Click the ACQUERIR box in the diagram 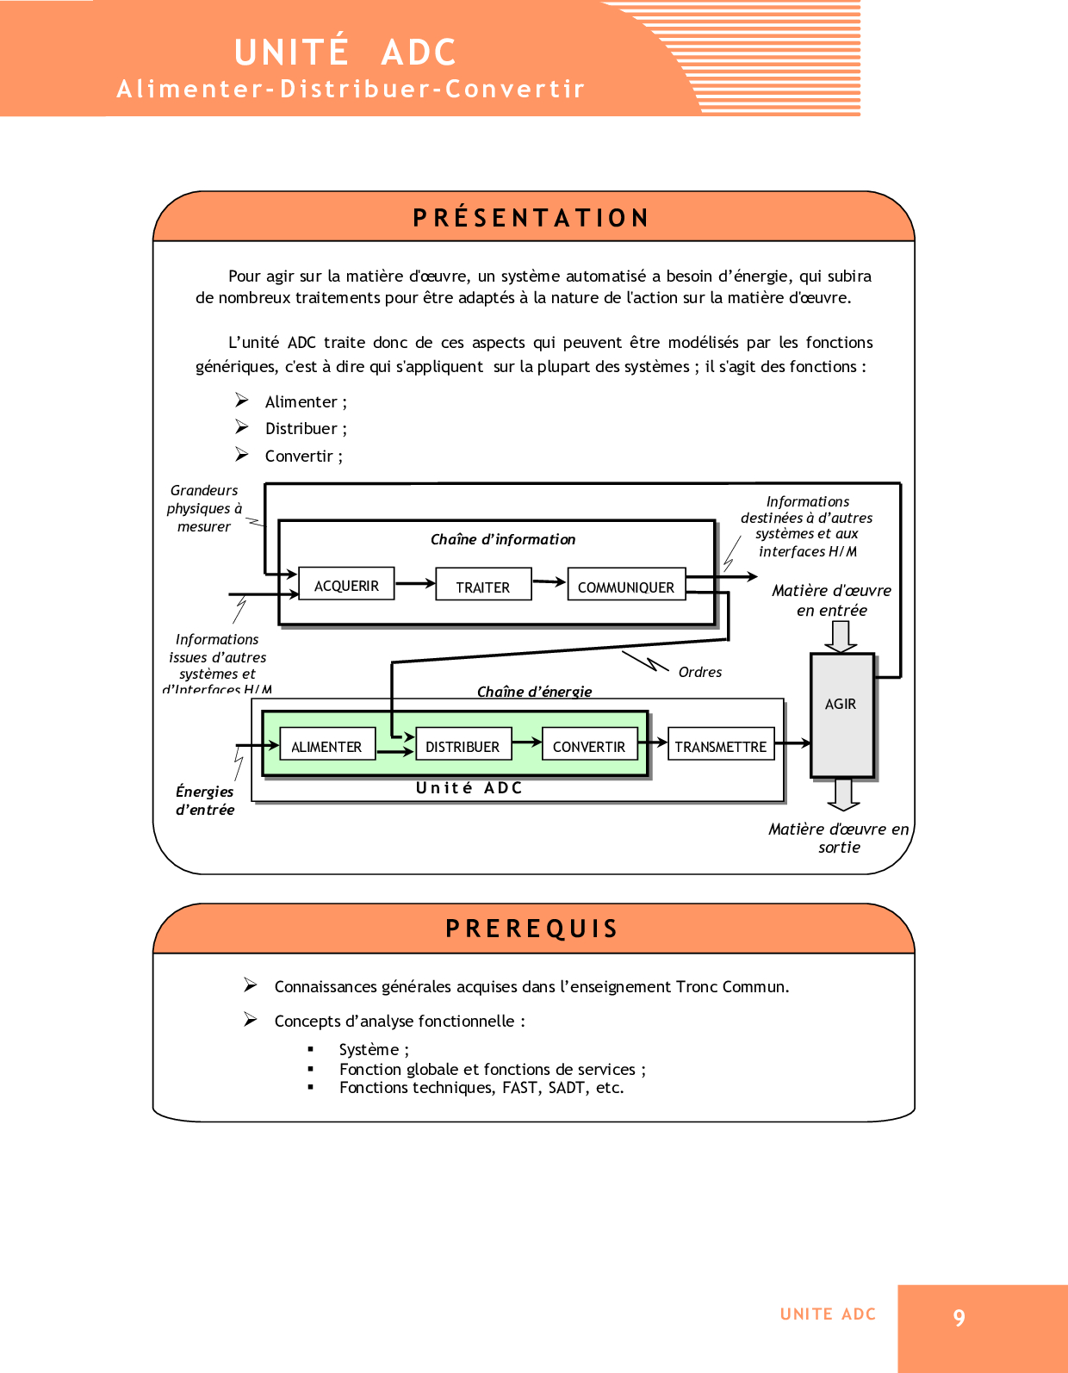[346, 585]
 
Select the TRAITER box [483, 586]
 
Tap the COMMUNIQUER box [626, 586]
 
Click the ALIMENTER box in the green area [327, 746]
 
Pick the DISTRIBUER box [463, 746]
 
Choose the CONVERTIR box [589, 746]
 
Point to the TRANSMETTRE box [721, 746]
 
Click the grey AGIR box [841, 715]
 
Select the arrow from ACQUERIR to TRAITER [415, 583]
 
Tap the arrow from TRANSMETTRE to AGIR [792, 742]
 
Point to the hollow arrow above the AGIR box [841, 636]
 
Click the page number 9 [959, 1318]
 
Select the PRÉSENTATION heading [531, 218]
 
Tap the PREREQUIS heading [532, 929]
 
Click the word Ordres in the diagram [699, 672]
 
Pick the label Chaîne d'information [503, 539]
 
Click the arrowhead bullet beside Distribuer [242, 427]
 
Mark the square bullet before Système [311, 1049]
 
